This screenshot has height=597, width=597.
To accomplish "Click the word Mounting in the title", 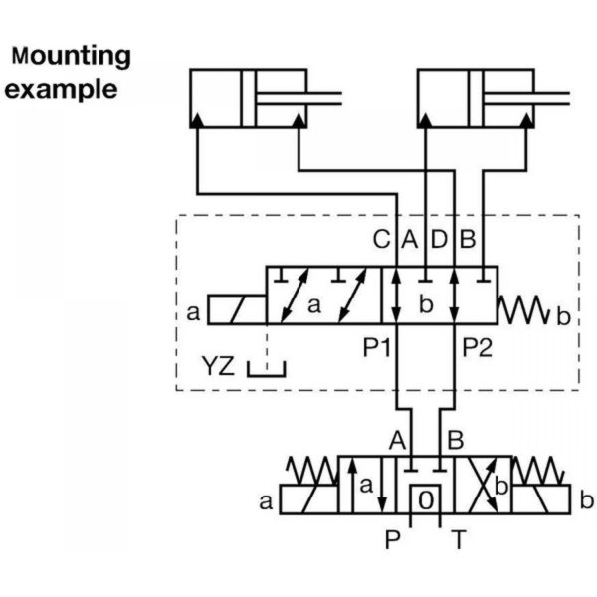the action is tap(72, 57).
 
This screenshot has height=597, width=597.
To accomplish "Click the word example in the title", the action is tap(61, 89).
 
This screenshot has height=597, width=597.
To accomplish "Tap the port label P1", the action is tap(376, 347).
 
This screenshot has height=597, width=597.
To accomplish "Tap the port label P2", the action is tap(477, 347).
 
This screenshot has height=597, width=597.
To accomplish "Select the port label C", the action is tap(381, 239).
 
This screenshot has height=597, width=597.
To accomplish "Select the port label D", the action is tap(439, 239).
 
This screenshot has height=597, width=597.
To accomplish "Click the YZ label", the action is tap(218, 365).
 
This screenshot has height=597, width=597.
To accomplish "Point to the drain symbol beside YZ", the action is tap(266, 370).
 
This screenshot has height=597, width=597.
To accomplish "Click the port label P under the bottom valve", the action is tap(393, 539).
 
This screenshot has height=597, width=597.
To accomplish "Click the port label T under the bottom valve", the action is tap(459, 539).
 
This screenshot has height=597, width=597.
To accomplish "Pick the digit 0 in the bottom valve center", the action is tap(425, 499).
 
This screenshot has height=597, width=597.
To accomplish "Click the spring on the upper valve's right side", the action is tap(524, 309).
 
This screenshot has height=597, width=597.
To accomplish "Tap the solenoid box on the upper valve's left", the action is tap(237, 309).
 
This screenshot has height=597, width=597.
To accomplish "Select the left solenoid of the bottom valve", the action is tap(308, 499).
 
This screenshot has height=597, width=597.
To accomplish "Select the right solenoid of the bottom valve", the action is tap(541, 499).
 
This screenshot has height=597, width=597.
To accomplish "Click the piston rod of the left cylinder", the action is tap(299, 99).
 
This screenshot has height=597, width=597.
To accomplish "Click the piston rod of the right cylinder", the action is tap(526, 99).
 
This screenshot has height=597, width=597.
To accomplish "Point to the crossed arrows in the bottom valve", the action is tap(483, 486).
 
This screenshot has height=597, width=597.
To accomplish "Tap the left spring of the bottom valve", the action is tap(312, 471).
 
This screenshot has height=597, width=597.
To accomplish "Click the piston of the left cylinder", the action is tap(249, 99).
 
